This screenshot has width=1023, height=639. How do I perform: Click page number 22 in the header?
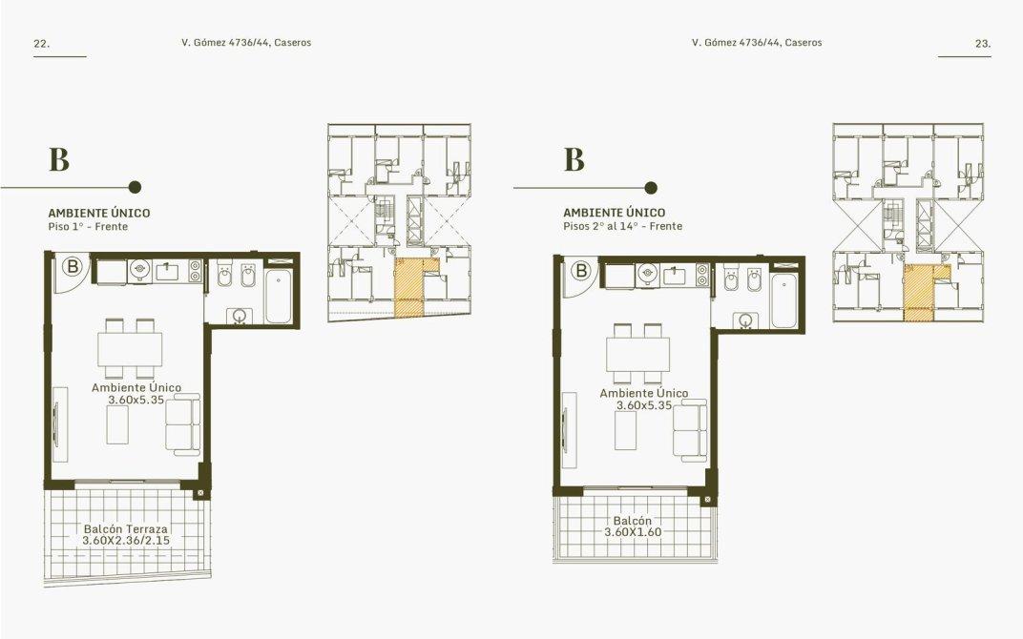click(x=42, y=44)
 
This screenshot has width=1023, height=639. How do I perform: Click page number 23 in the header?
click(x=983, y=44)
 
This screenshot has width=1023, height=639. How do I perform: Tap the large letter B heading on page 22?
click(x=59, y=159)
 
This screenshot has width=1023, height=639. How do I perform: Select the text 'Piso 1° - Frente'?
click(x=88, y=227)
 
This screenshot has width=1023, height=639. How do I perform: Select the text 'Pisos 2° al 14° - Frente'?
click(x=623, y=226)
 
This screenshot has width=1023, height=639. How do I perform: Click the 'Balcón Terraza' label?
click(x=125, y=528)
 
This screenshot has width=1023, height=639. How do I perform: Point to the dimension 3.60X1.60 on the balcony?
click(x=633, y=531)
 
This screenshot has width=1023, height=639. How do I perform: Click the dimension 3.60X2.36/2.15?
click(x=126, y=541)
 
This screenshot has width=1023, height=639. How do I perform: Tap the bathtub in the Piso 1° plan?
click(x=280, y=297)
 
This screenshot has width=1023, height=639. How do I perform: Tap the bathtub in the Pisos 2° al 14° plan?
click(x=784, y=300)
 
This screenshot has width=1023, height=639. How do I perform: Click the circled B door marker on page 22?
click(x=73, y=266)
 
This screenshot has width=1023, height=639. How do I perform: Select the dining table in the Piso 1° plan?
click(x=130, y=349)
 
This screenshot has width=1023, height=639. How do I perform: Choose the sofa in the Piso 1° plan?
click(x=182, y=423)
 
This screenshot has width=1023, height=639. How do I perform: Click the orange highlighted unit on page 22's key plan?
click(x=409, y=288)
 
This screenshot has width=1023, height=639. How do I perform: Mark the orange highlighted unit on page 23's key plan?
click(x=920, y=293)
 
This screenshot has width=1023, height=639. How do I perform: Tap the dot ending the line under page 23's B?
click(x=651, y=189)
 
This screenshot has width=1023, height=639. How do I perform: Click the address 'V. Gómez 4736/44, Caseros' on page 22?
click(x=246, y=43)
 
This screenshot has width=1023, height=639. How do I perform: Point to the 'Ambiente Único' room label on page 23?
click(x=644, y=393)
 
